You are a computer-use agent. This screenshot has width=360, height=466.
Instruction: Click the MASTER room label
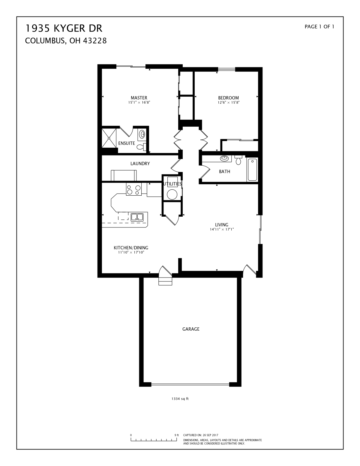click(x=139, y=98)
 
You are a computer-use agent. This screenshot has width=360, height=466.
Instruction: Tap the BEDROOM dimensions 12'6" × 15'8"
click(x=228, y=103)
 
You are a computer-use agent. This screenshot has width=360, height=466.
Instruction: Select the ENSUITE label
click(x=127, y=143)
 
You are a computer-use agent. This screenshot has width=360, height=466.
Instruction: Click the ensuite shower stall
click(x=109, y=138)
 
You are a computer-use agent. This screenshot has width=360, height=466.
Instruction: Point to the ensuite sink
click(x=142, y=134)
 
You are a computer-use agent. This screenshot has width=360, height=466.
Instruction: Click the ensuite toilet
click(x=141, y=147)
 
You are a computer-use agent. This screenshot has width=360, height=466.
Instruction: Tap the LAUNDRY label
click(x=140, y=164)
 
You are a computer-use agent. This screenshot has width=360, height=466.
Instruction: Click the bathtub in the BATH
click(x=252, y=170)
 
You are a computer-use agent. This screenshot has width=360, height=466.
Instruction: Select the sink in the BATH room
click(x=224, y=158)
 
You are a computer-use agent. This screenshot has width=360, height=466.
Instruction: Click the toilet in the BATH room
click(x=238, y=160)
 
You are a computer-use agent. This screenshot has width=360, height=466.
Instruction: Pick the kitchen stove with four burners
click(x=133, y=189)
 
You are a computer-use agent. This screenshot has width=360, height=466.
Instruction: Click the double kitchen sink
click(x=137, y=217)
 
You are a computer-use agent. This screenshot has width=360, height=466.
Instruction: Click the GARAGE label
click(x=191, y=329)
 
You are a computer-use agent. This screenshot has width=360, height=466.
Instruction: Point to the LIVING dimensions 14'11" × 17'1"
click(x=222, y=229)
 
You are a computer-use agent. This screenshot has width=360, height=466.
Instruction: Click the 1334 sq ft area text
click(x=180, y=399)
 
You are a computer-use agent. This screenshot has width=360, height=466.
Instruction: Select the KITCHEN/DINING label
click(x=131, y=248)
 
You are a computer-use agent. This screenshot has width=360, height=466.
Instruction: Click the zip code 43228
click(x=94, y=41)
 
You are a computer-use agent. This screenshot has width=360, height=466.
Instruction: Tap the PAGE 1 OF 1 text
click(x=319, y=27)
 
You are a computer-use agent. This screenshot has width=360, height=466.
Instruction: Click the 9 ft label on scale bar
click(x=177, y=435)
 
